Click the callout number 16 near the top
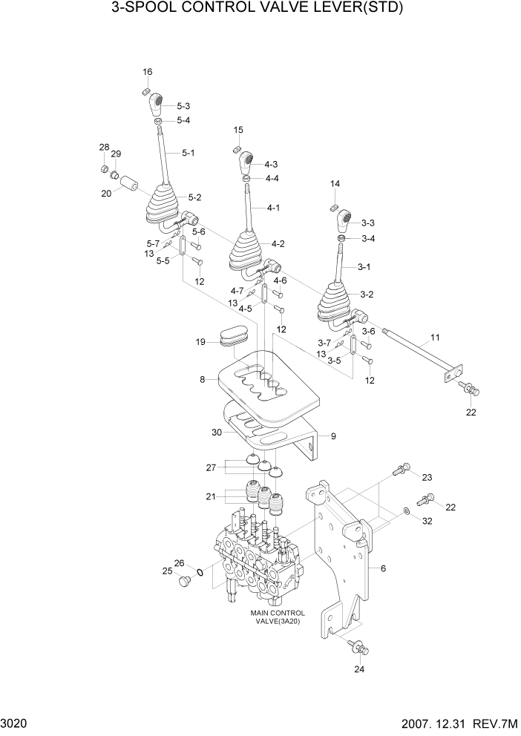pyautogui.click(x=147, y=71)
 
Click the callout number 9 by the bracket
pyautogui.click(x=333, y=436)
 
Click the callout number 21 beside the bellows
pyautogui.click(x=210, y=497)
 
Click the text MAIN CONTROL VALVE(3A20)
pyautogui.click(x=278, y=618)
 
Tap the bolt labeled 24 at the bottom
pyautogui.click(x=358, y=646)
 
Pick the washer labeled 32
pyautogui.click(x=407, y=511)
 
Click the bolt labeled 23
pyautogui.click(x=399, y=468)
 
